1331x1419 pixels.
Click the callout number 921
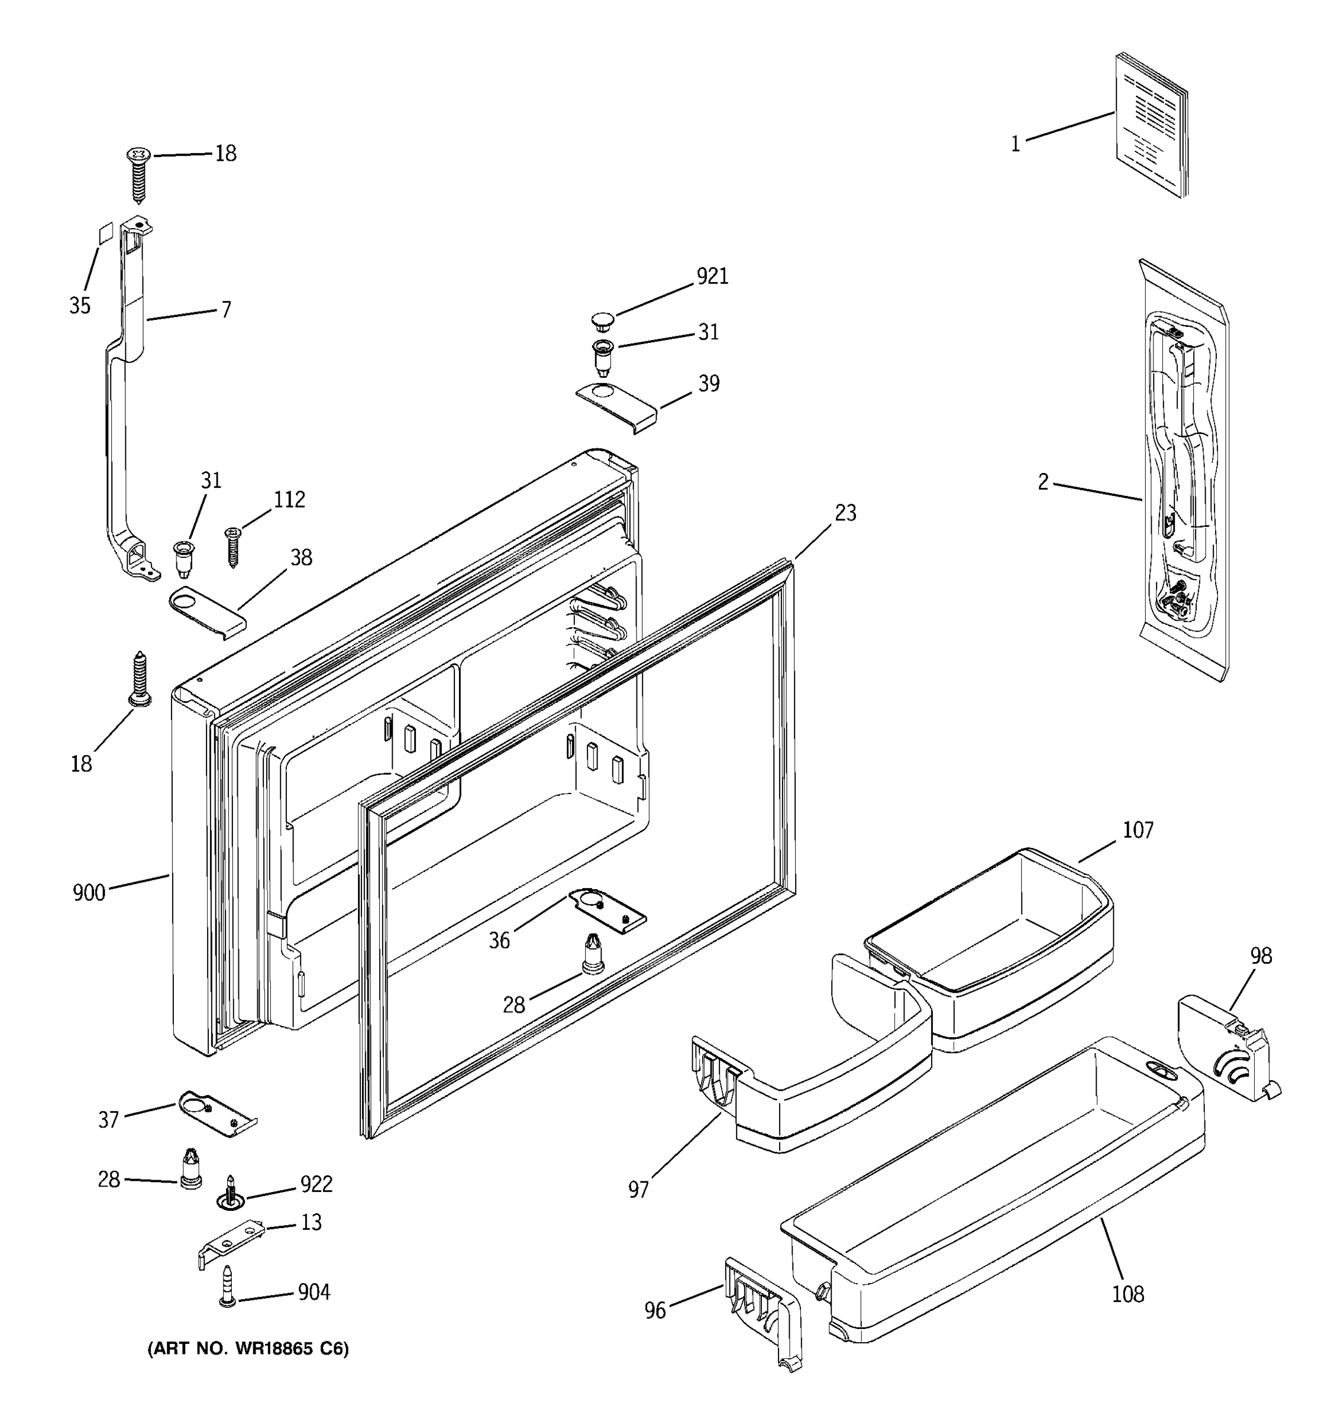712,276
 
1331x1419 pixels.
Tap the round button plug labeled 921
603,320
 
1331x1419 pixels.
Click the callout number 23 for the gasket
845,513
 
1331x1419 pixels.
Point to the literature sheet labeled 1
1151,125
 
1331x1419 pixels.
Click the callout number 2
1044,482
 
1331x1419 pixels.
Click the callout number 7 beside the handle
227,310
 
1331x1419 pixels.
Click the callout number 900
89,893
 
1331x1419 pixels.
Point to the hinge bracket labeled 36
607,909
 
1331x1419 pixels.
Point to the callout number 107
1138,830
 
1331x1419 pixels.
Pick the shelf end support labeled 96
763,1313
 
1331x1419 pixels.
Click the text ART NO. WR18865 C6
248,1348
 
